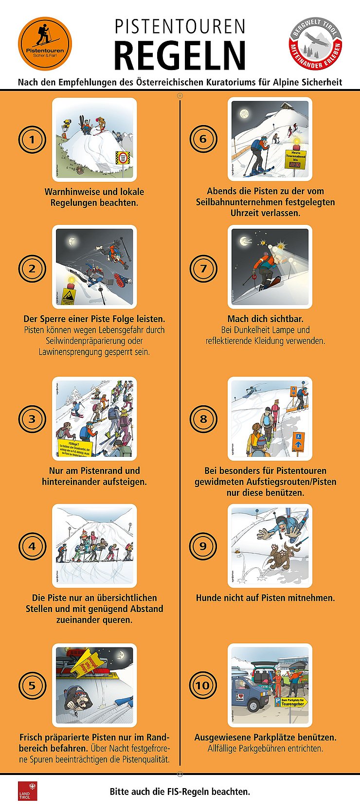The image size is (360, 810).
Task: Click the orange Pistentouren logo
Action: pos(45,44)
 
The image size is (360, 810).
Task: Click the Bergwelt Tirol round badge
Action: pos(315,44)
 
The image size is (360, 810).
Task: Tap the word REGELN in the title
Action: pos(180,55)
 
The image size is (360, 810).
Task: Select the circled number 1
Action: pos(32,140)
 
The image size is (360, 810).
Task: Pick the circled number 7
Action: pos(203,268)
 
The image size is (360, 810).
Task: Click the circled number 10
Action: pos(203,686)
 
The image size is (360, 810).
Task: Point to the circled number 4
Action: pos(32,546)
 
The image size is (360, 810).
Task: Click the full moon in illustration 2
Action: pos(72,241)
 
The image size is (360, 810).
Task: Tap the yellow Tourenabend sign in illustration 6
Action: pos(295,159)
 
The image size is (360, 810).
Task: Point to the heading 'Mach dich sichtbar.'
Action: pos(265,319)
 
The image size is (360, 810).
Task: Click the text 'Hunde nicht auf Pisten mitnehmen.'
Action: pos(265,598)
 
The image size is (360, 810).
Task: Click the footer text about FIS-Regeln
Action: pos(180,792)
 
